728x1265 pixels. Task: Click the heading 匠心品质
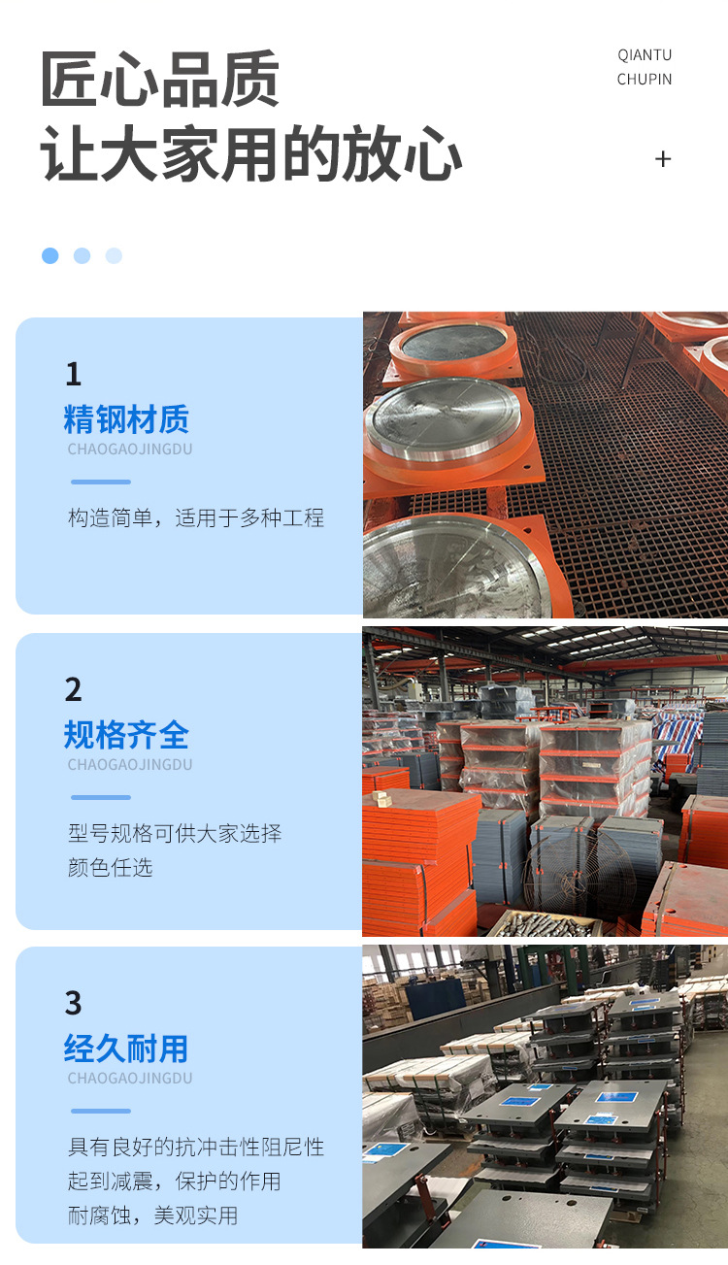pyautogui.click(x=160, y=79)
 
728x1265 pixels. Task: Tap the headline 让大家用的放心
pyautogui.click(x=251, y=153)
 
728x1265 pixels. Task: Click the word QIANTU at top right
pyautogui.click(x=645, y=55)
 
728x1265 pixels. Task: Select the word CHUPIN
pyautogui.click(x=645, y=80)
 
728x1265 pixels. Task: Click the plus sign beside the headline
pyautogui.click(x=663, y=159)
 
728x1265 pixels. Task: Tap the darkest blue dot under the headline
pyautogui.click(x=50, y=255)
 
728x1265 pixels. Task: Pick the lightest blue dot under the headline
pyautogui.click(x=114, y=255)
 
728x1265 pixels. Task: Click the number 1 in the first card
pyautogui.click(x=74, y=374)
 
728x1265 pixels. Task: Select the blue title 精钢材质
pyautogui.click(x=126, y=419)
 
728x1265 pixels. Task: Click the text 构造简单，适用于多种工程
pyautogui.click(x=196, y=517)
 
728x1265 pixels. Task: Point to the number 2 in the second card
pyautogui.click(x=74, y=689)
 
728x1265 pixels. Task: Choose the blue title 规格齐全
pyautogui.click(x=126, y=735)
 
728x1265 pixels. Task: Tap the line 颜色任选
pyautogui.click(x=110, y=867)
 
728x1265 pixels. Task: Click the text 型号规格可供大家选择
pyautogui.click(x=175, y=834)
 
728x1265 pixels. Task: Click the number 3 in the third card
pyautogui.click(x=74, y=1004)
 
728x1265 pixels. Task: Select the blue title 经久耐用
pyautogui.click(x=126, y=1049)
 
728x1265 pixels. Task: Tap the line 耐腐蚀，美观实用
pyautogui.click(x=153, y=1215)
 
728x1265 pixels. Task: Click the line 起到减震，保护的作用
pyautogui.click(x=175, y=1182)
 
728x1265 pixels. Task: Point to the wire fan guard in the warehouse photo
pyautogui.click(x=579, y=873)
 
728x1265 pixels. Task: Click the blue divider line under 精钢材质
pyautogui.click(x=101, y=482)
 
